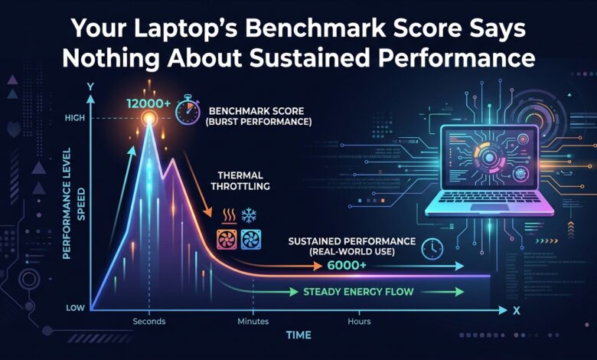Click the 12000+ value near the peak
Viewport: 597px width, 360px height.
click(148, 103)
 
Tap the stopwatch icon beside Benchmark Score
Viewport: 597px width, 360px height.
click(188, 110)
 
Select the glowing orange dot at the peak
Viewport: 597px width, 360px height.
click(149, 118)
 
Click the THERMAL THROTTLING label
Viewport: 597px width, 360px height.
click(240, 181)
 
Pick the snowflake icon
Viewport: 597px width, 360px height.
click(249, 216)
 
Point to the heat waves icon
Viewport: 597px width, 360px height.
click(229, 216)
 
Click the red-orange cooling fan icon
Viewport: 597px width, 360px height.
click(227, 240)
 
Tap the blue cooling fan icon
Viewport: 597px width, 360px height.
click(251, 240)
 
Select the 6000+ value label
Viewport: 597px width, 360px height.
click(347, 265)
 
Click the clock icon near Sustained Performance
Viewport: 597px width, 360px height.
click(432, 249)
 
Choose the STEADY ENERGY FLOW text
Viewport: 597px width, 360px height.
click(358, 292)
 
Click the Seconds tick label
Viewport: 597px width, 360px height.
click(149, 321)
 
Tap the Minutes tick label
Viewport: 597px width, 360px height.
click(253, 321)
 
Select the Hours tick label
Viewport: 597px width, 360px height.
click(359, 321)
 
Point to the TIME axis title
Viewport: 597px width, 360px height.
click(298, 335)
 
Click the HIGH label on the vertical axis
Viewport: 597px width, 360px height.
click(75, 118)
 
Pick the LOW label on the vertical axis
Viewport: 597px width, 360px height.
click(75, 308)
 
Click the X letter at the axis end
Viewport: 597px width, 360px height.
click(517, 311)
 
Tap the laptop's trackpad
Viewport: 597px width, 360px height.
click(490, 208)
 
